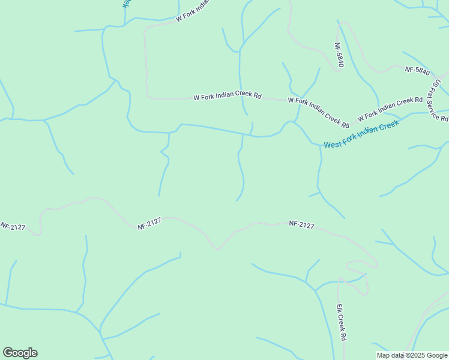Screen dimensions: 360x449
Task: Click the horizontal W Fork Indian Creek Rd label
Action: click(228, 96)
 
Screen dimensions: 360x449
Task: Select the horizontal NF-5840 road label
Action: click(417, 70)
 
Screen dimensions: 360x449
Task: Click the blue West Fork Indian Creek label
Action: click(361, 135)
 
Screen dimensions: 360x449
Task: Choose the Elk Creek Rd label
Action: click(341, 322)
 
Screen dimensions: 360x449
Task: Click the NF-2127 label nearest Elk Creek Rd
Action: click(301, 224)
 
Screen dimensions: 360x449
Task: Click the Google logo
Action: click(20, 353)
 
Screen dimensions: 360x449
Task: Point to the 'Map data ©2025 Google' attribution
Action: click(412, 355)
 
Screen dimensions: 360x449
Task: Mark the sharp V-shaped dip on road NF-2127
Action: click(217, 248)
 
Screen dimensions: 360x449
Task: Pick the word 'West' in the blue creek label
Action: click(333, 144)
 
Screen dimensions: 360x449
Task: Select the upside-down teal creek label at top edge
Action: click(126, 3)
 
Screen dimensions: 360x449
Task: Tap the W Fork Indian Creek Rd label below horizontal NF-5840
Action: click(390, 109)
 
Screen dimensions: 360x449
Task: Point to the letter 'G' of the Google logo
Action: click(8, 352)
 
